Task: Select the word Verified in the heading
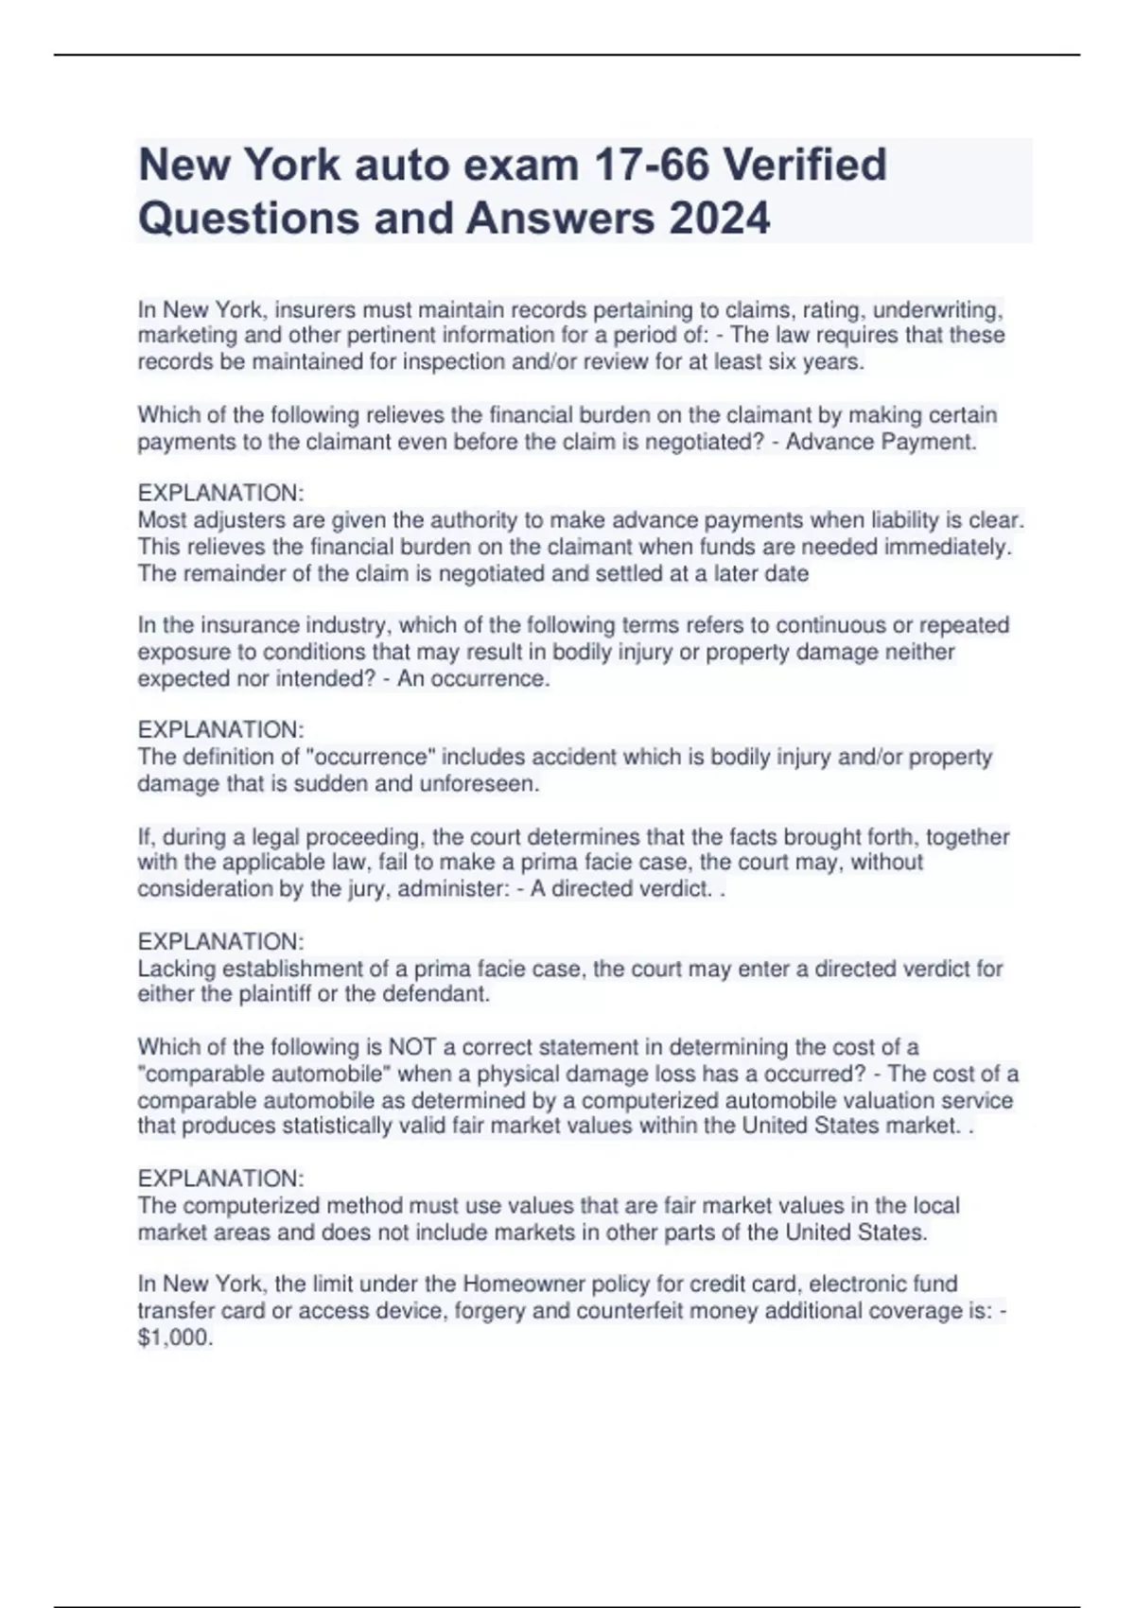pyautogui.click(x=805, y=165)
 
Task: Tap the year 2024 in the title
pyautogui.click(x=720, y=218)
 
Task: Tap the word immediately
pyautogui.click(x=957, y=547)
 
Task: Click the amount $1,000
pyautogui.click(x=175, y=1337)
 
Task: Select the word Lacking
pyautogui.click(x=177, y=969)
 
